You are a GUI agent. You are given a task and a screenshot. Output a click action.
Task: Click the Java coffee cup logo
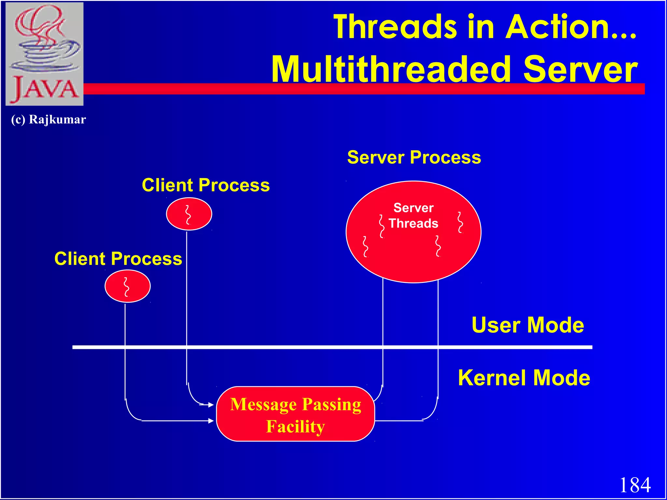point(45,54)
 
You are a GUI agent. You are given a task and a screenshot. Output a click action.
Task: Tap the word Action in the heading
point(557,27)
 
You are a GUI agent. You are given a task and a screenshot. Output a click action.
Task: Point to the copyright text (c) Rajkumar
point(49,119)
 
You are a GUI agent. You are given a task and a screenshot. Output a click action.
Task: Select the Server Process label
point(414,157)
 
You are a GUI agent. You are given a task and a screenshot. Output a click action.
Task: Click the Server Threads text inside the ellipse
point(413,215)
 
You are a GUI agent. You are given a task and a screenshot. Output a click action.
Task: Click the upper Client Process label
point(206,185)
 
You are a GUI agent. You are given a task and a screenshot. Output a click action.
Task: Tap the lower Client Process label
point(118,259)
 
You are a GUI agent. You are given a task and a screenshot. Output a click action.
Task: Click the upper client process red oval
point(189,214)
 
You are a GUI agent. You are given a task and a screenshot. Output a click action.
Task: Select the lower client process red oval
point(127,286)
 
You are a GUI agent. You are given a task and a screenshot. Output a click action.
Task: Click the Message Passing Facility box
point(295,414)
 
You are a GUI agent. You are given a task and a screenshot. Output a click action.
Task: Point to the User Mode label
point(528,325)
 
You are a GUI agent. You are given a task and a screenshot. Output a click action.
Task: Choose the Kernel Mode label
point(524,378)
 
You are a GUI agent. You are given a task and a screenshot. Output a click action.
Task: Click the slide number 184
point(635,485)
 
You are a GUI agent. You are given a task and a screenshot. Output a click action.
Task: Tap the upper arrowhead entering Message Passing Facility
point(211,405)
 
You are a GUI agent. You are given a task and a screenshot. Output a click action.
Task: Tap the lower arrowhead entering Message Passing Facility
point(211,421)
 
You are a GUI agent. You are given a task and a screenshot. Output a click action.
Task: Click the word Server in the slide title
point(580,69)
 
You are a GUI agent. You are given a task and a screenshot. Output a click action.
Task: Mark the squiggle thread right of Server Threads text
point(460,222)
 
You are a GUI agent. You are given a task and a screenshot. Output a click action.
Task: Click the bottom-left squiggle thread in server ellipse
point(365,247)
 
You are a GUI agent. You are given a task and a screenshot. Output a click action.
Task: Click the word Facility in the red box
point(295,426)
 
